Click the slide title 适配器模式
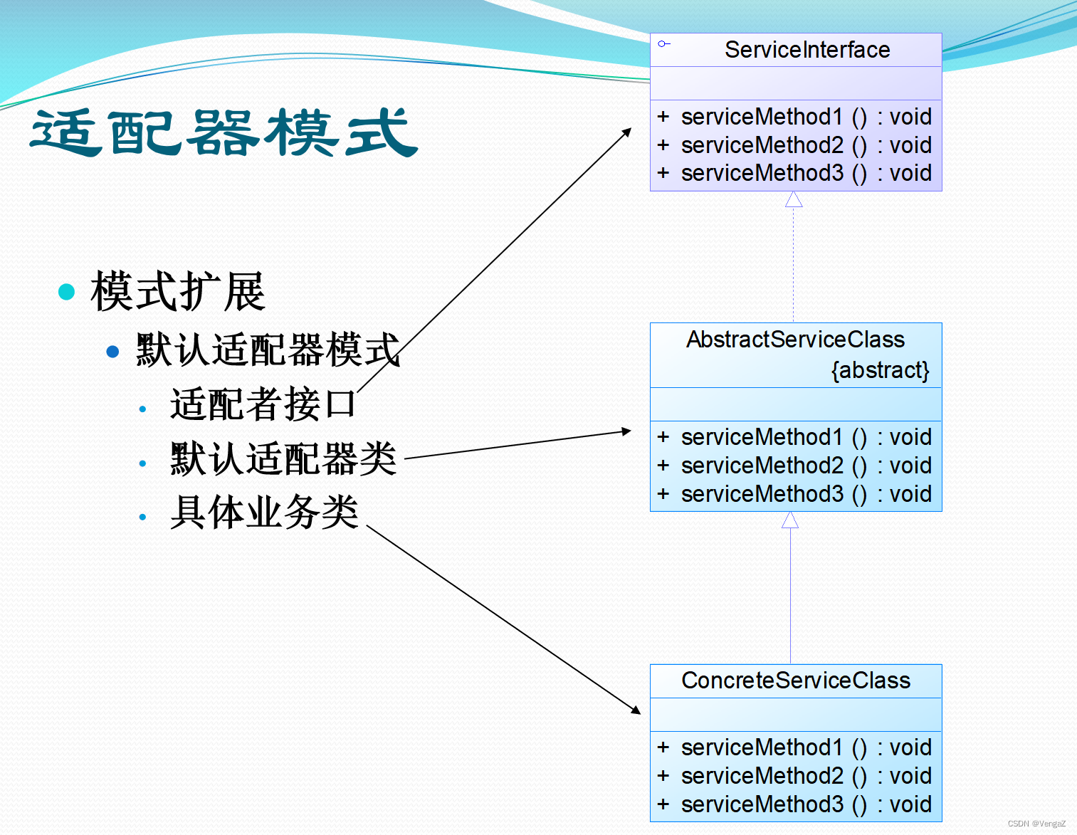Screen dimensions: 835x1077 (x=224, y=133)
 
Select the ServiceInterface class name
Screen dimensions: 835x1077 (x=807, y=50)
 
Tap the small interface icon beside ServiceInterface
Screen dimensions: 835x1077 (x=663, y=44)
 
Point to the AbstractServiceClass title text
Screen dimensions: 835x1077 (x=795, y=340)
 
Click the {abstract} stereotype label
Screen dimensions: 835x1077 (x=880, y=370)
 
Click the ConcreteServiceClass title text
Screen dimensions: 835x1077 (x=795, y=681)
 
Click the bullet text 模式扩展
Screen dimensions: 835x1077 (x=178, y=292)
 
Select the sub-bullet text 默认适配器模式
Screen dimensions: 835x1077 (x=268, y=350)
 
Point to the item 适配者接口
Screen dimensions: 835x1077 (x=263, y=404)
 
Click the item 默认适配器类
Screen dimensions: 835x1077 (x=283, y=458)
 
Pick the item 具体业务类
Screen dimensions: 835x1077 (x=264, y=513)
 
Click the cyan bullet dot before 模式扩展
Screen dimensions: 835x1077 (x=66, y=292)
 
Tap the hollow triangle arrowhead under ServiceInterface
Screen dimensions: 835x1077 (x=794, y=200)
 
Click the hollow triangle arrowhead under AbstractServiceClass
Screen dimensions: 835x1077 (x=790, y=520)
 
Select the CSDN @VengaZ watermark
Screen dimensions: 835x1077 (x=1036, y=824)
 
